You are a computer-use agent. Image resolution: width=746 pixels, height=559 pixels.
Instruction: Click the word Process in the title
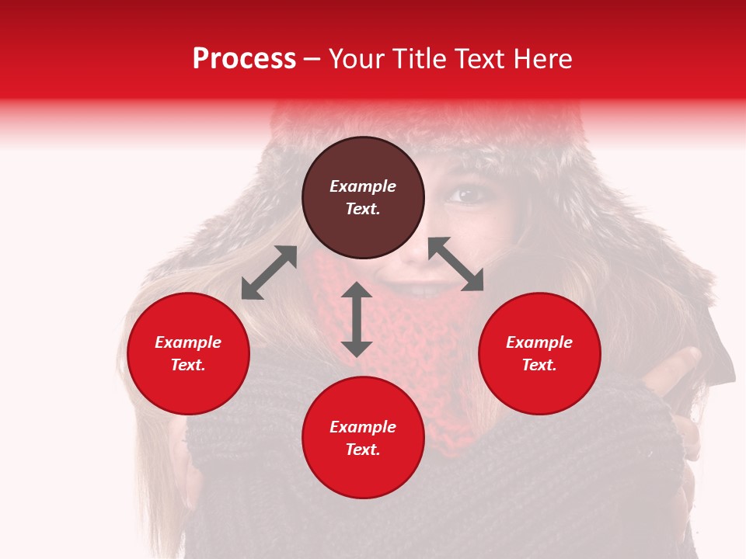pyautogui.click(x=244, y=59)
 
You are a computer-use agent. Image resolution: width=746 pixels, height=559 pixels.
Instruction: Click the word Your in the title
pyautogui.click(x=357, y=59)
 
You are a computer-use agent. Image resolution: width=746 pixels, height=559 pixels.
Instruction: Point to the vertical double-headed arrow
pyautogui.click(x=357, y=320)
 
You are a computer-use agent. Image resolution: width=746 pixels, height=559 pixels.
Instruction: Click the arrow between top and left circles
pyautogui.click(x=269, y=273)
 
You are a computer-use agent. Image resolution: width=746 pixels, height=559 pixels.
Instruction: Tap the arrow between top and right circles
pyautogui.click(x=456, y=264)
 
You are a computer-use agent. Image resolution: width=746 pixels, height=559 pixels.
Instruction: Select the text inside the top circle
pyautogui.click(x=363, y=197)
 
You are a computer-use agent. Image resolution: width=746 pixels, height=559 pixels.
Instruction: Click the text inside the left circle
pyautogui.click(x=188, y=353)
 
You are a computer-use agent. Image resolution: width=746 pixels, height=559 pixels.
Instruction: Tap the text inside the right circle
pyautogui.click(x=539, y=353)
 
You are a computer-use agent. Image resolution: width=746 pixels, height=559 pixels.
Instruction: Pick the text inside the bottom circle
pyautogui.click(x=363, y=438)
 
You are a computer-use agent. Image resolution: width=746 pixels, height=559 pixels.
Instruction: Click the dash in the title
pyautogui.click(x=312, y=60)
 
